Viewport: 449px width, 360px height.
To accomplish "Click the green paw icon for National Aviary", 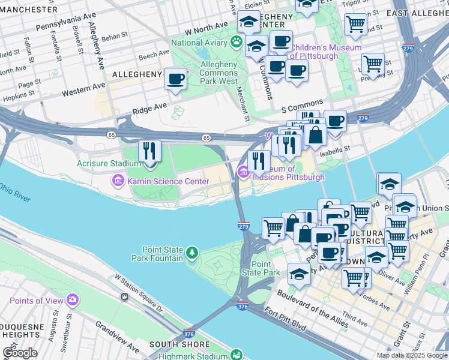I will (237, 42).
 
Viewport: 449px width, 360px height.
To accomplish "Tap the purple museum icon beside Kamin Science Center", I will (117, 179).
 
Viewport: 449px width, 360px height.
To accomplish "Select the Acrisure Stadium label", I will (108, 163).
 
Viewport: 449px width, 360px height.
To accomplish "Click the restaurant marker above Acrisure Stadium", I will (149, 151).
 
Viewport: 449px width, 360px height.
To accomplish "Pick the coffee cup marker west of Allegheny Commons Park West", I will (175, 79).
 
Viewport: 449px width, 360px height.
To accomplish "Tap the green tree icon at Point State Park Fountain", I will (191, 253).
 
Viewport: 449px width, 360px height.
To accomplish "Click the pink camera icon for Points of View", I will (73, 299).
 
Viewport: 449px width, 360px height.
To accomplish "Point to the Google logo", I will (20, 353).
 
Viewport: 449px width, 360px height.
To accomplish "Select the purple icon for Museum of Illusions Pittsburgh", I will (243, 173).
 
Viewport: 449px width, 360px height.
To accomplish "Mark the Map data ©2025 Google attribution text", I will (411, 355).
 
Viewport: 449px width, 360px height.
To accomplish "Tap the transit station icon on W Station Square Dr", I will (125, 296).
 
